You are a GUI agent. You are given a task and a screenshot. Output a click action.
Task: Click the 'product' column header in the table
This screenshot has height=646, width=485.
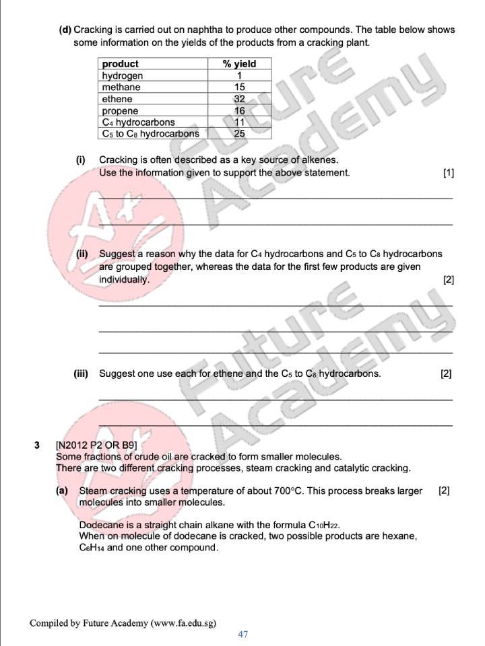pyautogui.click(x=120, y=64)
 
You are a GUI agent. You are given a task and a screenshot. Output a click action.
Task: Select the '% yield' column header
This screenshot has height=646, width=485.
pyautogui.click(x=239, y=64)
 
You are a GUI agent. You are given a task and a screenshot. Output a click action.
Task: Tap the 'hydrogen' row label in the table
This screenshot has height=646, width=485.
pyautogui.click(x=122, y=76)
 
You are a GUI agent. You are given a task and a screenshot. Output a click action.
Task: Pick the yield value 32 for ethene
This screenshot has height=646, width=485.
pyautogui.click(x=239, y=99)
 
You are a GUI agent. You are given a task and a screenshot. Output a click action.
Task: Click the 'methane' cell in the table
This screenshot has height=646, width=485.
pyautogui.click(x=121, y=87)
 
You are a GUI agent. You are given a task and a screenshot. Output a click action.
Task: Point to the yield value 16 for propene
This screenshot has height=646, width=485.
pyautogui.click(x=239, y=110)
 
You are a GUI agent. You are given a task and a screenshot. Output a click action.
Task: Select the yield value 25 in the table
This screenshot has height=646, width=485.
pyautogui.click(x=239, y=133)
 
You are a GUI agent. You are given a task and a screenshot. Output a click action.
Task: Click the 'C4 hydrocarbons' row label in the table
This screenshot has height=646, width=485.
pyautogui.click(x=138, y=122)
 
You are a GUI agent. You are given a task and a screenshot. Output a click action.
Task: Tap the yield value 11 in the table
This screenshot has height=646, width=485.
pyautogui.click(x=239, y=122)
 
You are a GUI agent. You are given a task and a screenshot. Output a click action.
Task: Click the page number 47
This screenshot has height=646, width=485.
pyautogui.click(x=243, y=635)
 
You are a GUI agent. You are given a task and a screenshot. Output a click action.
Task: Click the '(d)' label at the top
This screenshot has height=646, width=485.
pyautogui.click(x=65, y=30)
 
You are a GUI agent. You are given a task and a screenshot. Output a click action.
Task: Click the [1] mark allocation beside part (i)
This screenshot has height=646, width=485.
pyautogui.click(x=449, y=173)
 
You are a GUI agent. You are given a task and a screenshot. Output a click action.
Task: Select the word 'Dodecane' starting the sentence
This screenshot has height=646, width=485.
pyautogui.click(x=100, y=525)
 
